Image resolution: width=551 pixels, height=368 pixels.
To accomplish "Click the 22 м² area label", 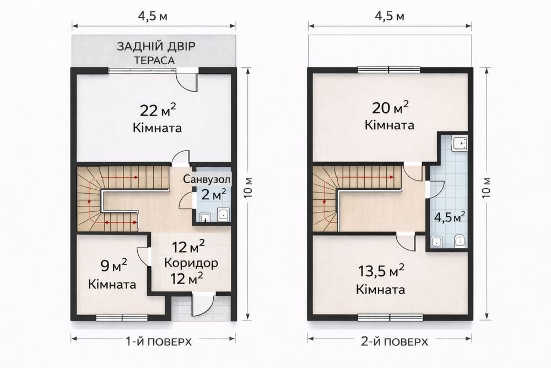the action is pos(158,110).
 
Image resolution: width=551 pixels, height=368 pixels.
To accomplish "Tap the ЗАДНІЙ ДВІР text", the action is pos(156,46).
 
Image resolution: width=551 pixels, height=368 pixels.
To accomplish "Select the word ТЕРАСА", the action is pos(154,60).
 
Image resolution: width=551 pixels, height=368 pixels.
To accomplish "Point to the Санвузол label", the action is pos(207,179).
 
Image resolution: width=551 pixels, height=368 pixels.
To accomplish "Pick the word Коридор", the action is pos(191,263).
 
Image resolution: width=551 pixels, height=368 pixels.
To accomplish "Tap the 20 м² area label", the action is pos(390,108).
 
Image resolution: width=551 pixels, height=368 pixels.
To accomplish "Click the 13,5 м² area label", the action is pos(381,271).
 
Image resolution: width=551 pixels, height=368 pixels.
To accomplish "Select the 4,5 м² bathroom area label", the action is pos(450,217).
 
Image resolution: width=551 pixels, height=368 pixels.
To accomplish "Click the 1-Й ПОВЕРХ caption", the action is pos(159,342).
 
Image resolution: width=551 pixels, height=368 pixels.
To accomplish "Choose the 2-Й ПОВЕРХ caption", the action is pos(395,342).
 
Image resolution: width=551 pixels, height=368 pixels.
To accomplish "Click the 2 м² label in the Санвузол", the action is pos(213,195).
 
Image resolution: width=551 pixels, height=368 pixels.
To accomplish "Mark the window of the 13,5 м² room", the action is pos(390,317).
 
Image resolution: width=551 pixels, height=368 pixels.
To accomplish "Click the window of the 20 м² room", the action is pos(389,70).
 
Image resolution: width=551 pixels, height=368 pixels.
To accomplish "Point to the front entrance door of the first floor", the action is pos(203,305).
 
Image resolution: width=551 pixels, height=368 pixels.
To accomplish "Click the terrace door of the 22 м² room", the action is pos(187,79).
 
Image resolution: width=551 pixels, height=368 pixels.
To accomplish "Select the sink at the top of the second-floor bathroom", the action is pos(460,144).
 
